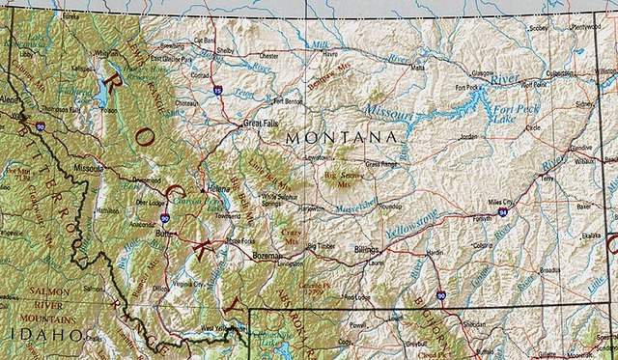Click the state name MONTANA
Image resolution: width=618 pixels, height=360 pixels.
click(342, 139)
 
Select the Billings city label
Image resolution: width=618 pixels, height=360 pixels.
click(367, 248)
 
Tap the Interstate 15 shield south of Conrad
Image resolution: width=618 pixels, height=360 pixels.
click(218, 90)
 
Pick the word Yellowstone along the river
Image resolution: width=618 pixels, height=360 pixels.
click(411, 221)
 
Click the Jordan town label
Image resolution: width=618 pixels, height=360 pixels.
click(468, 137)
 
